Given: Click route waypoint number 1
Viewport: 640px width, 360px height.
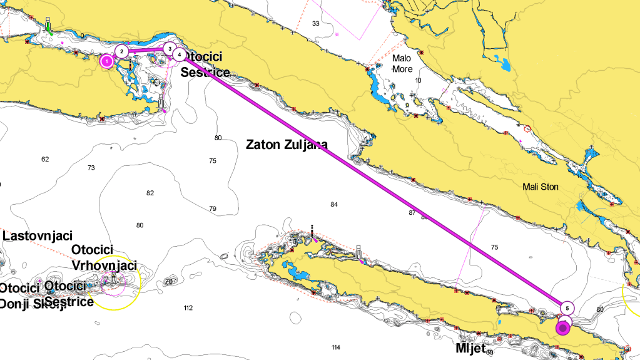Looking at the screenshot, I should click(107, 61).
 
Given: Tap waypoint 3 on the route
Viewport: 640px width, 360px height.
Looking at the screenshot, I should click(169, 48).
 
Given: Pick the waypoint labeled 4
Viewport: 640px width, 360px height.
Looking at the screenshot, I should click(180, 55).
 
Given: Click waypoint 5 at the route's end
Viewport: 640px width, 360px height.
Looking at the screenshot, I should click(566, 307).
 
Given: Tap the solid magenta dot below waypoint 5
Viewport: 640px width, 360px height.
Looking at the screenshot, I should click(563, 327).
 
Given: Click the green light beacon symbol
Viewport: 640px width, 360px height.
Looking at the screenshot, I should click(48, 26).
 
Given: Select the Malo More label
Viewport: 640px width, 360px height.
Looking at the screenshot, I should click(402, 63).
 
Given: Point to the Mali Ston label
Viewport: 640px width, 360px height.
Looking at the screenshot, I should click(541, 187).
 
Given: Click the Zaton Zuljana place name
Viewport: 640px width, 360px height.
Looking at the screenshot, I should click(287, 144).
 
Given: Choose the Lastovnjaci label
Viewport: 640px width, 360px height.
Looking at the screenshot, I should click(38, 235).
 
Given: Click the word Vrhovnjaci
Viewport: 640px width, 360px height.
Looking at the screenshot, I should click(104, 265).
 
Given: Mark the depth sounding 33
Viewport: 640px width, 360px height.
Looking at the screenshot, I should click(315, 23).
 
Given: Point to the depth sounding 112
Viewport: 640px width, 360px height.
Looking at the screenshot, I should click(188, 307).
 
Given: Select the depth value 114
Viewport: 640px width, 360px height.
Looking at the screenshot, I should click(335, 347).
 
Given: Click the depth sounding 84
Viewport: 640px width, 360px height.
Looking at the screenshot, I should click(333, 205).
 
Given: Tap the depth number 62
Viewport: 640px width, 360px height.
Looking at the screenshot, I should click(45, 159).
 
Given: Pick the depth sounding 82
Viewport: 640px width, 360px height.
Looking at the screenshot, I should click(150, 193).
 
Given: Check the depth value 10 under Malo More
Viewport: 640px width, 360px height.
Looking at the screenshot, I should click(418, 80).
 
